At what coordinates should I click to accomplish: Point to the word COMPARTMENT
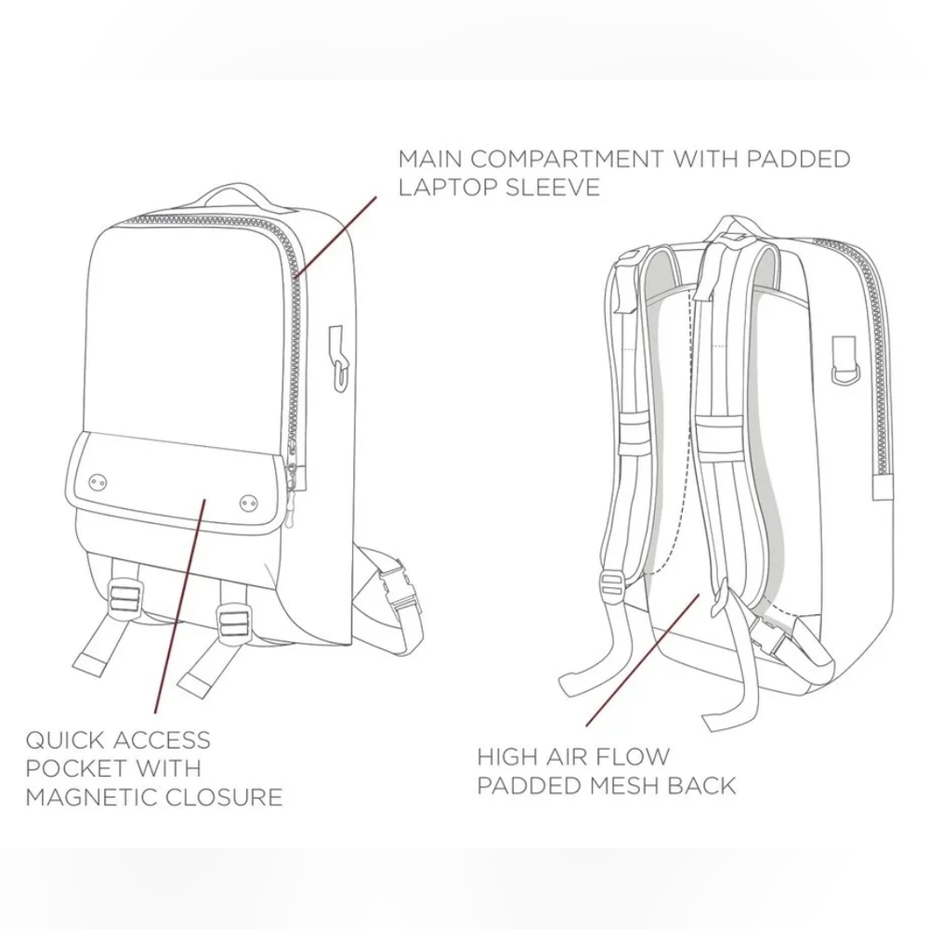[568, 159]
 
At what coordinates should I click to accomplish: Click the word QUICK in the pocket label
[65, 740]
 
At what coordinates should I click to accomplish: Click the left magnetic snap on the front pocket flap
[98, 482]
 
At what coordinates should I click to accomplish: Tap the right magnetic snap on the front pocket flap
[249, 504]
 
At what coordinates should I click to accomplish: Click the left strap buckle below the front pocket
[126, 596]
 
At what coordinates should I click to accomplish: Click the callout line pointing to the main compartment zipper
[335, 237]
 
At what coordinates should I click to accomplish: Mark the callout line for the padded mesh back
[643, 660]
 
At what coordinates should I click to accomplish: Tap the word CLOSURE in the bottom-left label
[224, 797]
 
